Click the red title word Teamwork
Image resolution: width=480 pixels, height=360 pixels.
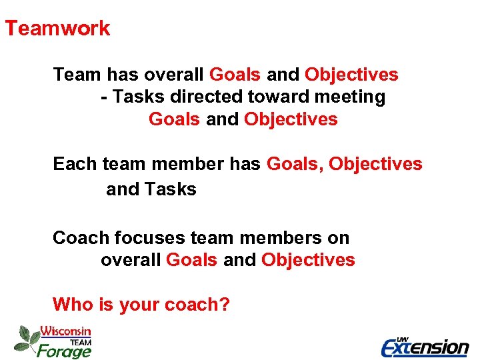(57, 29)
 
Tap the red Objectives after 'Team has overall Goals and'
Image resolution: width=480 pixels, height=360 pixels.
(351, 75)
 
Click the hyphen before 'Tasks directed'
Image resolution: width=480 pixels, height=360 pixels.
(104, 98)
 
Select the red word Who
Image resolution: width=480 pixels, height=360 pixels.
(73, 305)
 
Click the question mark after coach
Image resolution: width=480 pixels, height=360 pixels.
(225, 305)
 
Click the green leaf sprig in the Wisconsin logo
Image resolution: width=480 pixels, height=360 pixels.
(26, 338)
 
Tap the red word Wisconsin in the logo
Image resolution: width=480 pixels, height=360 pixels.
(65, 331)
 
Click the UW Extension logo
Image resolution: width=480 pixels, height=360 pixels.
(425, 346)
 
